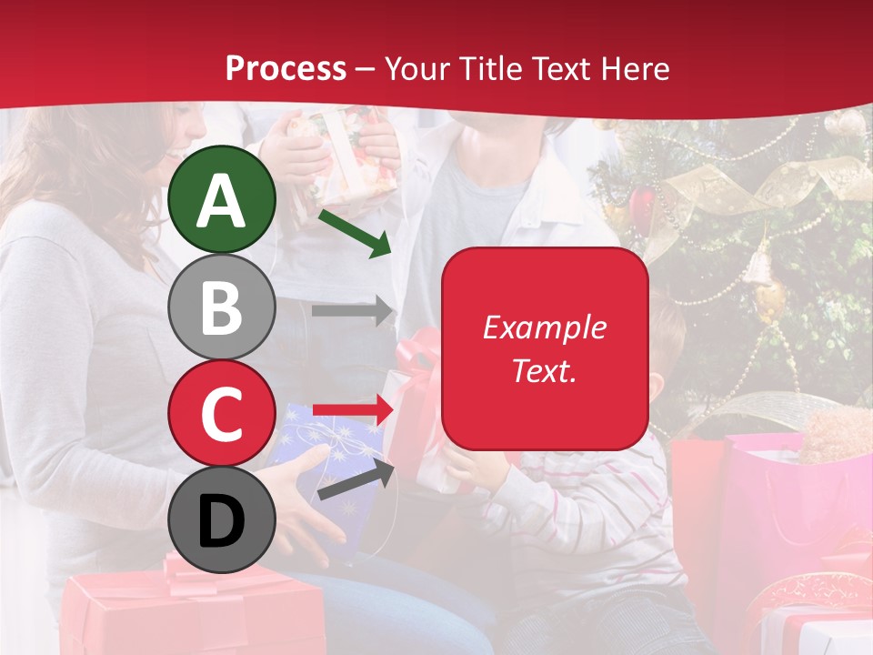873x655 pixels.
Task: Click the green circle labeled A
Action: pos(222,200)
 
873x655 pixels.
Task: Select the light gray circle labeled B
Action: pos(222,307)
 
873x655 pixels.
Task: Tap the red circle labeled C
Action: pos(222,413)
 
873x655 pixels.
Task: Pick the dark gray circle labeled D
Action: pos(222,519)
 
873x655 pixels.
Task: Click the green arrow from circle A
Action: pos(355,233)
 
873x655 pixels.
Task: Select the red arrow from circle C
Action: pos(351,409)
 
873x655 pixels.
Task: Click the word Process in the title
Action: pos(286,68)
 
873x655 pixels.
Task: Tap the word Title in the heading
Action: pos(491,68)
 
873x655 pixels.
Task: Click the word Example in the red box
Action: pos(544,327)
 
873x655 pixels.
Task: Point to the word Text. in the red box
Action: pos(544,370)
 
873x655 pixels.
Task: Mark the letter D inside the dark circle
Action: pos(222,521)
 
